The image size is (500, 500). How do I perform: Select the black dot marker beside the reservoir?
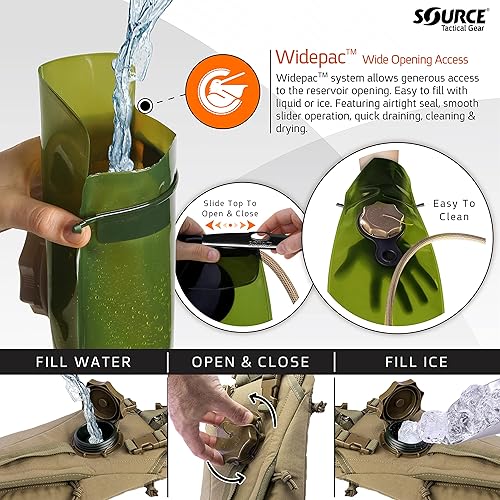(147, 103)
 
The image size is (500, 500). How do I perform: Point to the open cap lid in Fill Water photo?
(104, 395)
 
